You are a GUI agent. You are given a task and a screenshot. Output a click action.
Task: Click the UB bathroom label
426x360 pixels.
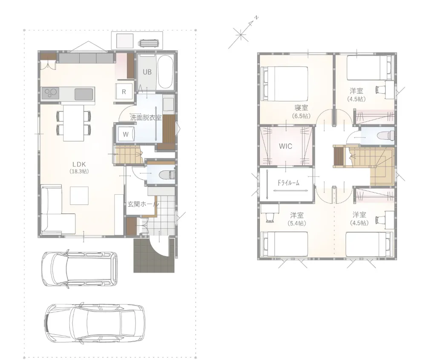[147, 72]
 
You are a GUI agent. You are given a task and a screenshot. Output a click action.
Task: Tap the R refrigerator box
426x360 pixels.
[124, 92]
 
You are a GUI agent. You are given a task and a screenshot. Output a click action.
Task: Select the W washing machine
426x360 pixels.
[126, 134]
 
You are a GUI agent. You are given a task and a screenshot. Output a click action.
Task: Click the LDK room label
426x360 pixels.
[79, 164]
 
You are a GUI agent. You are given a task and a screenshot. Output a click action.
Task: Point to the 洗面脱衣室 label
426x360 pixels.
[146, 118]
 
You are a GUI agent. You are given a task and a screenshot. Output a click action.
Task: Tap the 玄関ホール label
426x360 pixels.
[143, 204]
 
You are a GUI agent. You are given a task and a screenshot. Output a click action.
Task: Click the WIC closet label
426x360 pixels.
[285, 146]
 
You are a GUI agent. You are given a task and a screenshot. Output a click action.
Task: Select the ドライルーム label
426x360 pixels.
[288, 183]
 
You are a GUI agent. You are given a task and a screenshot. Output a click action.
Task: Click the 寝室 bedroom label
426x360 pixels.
[301, 108]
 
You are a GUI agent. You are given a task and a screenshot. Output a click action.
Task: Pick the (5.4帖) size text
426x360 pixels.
[297, 223]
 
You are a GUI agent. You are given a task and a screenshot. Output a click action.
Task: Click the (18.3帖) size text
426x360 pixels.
[79, 171]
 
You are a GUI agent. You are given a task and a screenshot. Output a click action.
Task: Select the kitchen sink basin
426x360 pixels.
[83, 94]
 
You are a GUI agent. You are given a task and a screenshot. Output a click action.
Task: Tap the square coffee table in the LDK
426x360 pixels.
[79, 196]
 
